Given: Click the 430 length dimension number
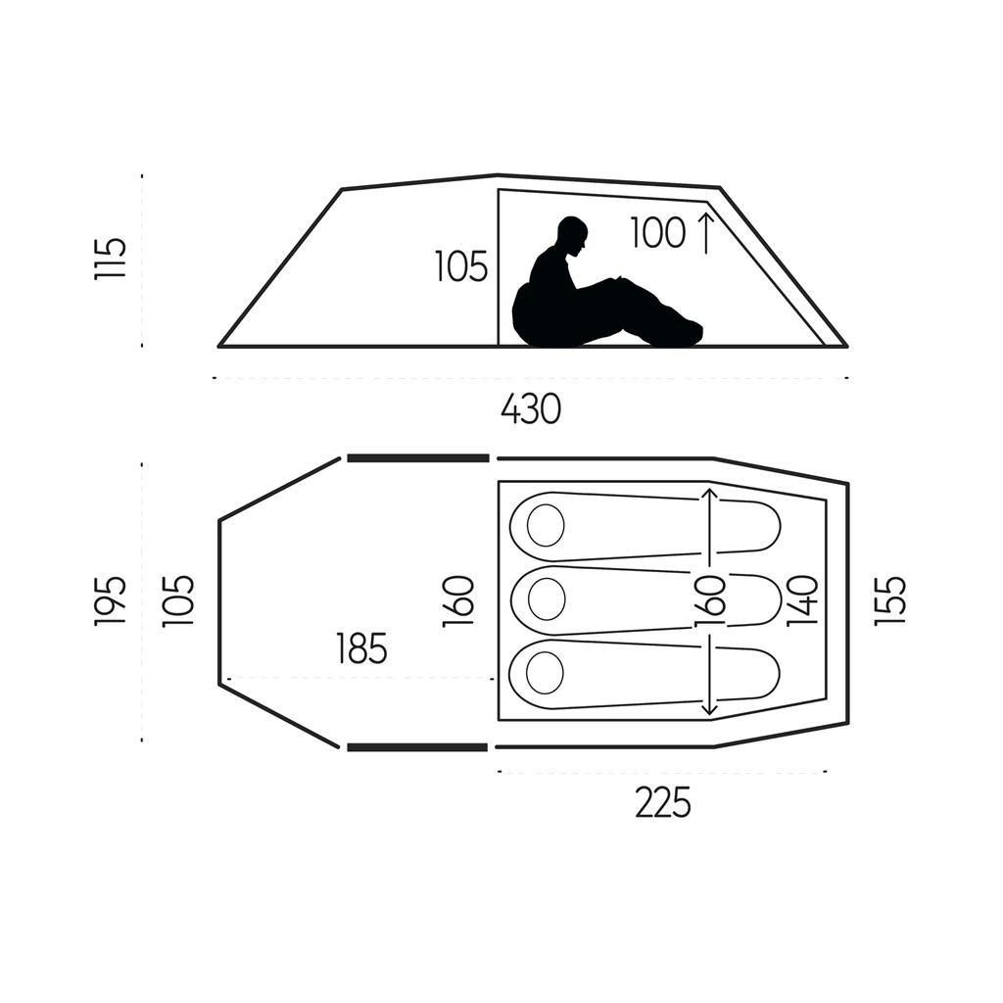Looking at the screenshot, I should (530, 408).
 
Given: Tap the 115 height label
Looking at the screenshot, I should (111, 259).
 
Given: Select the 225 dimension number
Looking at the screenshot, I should (662, 803).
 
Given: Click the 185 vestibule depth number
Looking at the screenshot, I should (361, 648).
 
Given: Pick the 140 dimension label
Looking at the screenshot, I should (802, 601).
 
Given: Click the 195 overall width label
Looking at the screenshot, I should (111, 600).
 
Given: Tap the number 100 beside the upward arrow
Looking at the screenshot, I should (657, 234).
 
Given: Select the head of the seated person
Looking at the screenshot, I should (572, 235).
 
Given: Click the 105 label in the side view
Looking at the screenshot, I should (461, 266).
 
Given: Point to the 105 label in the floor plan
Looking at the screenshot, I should (180, 600).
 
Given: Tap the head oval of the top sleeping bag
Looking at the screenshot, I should (546, 526).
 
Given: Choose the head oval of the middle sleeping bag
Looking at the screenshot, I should (546, 597).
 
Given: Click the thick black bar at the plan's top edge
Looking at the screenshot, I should (417, 457).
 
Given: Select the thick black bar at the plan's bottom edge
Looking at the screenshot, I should (417, 747).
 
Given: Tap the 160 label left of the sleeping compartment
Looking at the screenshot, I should (459, 600).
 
